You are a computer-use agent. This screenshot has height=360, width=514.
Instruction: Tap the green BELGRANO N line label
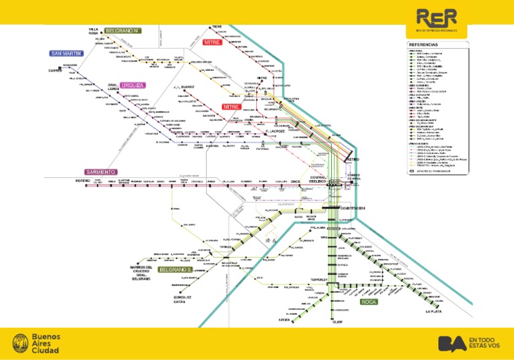[122, 31]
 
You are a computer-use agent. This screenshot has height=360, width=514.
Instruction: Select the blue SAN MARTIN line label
[66, 53]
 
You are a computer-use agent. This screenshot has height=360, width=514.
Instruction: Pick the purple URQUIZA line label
[133, 86]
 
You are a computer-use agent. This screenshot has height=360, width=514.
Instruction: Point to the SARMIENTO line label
[100, 172]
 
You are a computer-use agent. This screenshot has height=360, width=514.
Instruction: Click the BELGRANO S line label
[176, 269]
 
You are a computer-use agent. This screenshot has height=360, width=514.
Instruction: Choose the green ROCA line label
[369, 302]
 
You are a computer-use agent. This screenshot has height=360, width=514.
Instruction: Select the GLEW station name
[337, 321]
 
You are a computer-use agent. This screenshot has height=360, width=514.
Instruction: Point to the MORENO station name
[82, 181]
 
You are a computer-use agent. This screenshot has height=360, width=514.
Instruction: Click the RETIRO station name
[353, 161]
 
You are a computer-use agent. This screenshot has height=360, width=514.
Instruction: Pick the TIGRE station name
[216, 27]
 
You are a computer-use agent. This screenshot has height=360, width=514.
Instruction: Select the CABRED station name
[55, 70]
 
